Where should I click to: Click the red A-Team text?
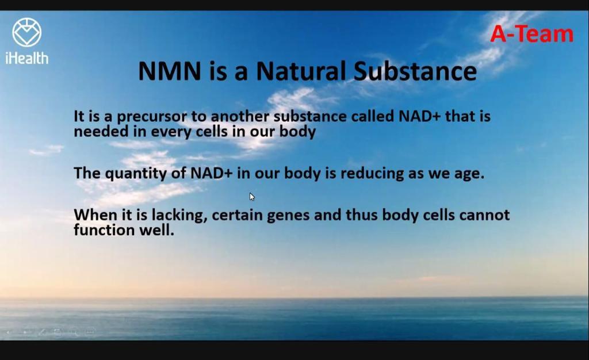(531, 34)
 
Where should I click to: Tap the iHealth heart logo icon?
(26, 32)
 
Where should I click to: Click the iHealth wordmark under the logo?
(26, 58)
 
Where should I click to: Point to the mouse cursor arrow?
(252, 197)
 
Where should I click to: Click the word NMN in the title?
(170, 71)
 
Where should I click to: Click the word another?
(240, 116)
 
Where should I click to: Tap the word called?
(372, 116)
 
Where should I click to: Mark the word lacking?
(179, 216)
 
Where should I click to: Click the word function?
(104, 229)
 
